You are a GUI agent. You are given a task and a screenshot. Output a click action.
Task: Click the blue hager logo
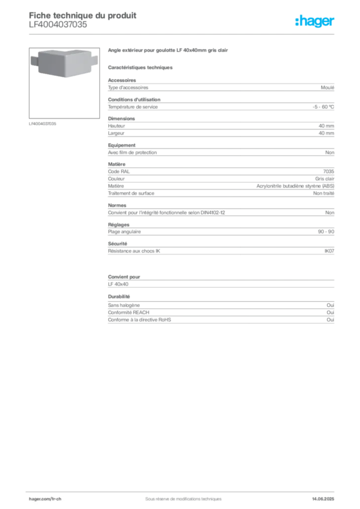point(315,22)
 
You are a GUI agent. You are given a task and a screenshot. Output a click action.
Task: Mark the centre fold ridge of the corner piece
point(65,62)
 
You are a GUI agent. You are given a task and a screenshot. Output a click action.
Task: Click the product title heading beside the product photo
point(169,51)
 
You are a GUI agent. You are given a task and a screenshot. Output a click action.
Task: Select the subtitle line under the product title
point(141,67)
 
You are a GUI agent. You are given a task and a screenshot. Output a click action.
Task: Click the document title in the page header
point(83,15)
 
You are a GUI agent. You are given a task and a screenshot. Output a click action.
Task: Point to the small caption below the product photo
point(44,124)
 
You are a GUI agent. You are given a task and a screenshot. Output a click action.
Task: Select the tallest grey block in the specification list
point(220,180)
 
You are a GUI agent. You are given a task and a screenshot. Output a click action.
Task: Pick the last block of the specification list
point(220,313)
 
